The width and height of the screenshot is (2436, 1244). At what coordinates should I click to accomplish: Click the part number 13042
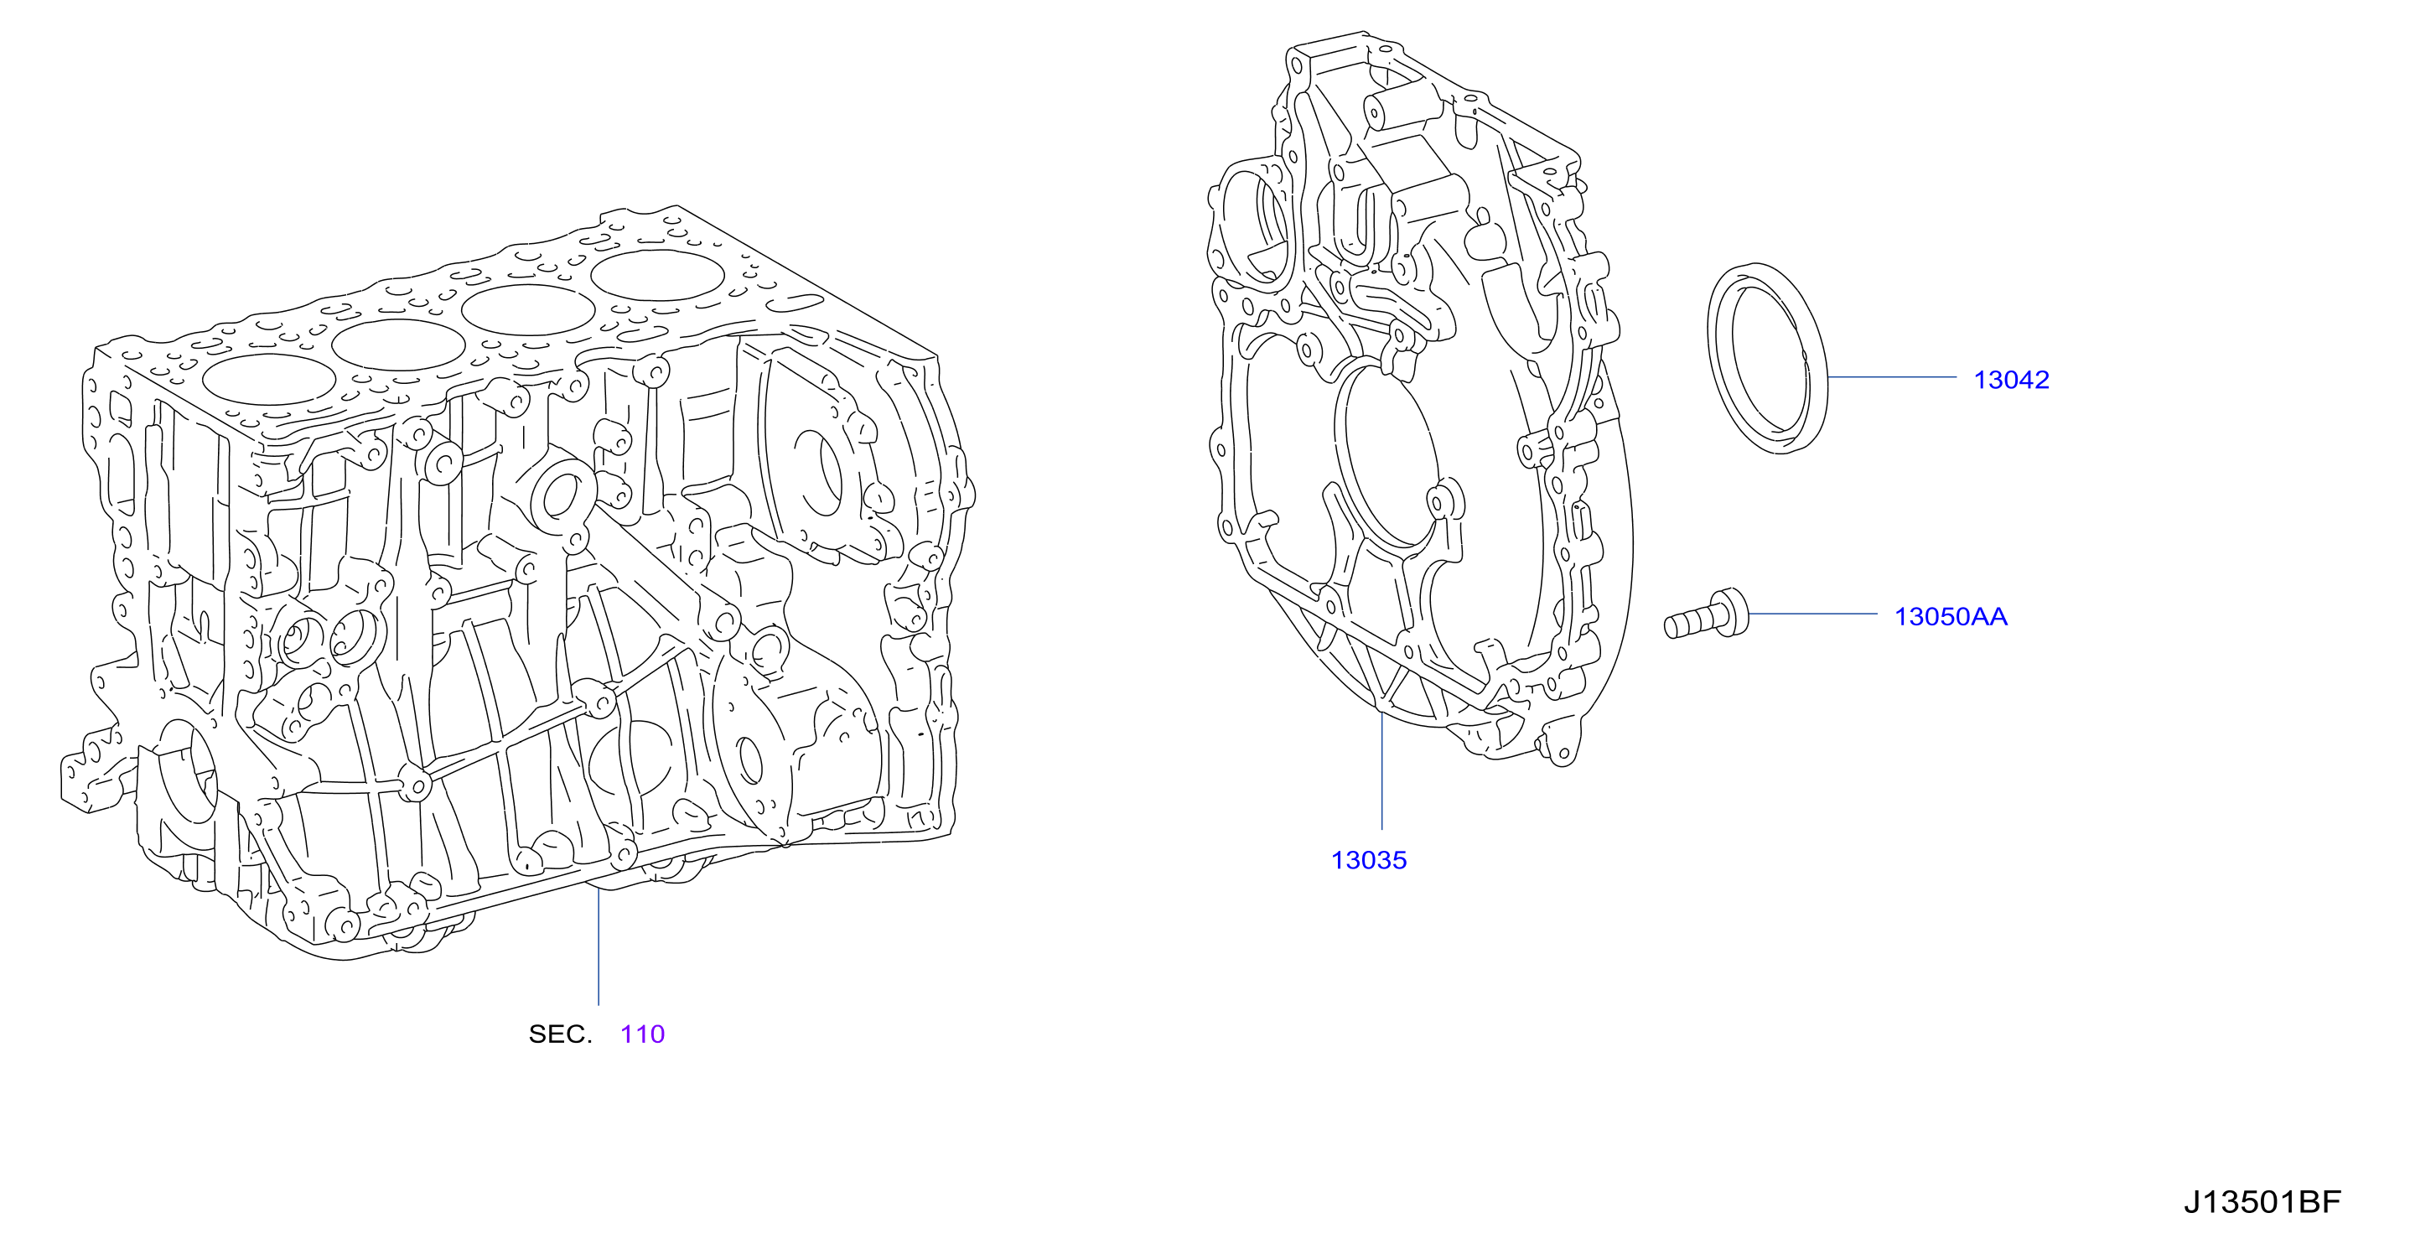point(2011,380)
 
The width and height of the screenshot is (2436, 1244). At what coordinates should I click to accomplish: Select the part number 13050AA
point(1951,617)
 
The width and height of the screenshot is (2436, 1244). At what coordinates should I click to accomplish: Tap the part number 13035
point(1369,860)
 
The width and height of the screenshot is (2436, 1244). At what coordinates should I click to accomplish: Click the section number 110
point(643,1034)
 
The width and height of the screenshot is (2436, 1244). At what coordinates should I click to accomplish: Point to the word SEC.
point(560,1034)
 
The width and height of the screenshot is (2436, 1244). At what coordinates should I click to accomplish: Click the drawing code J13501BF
point(2262,1202)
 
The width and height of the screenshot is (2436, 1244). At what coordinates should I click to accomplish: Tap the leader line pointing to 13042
point(1892,376)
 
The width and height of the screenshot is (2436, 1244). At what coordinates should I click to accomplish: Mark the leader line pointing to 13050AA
point(1813,614)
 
